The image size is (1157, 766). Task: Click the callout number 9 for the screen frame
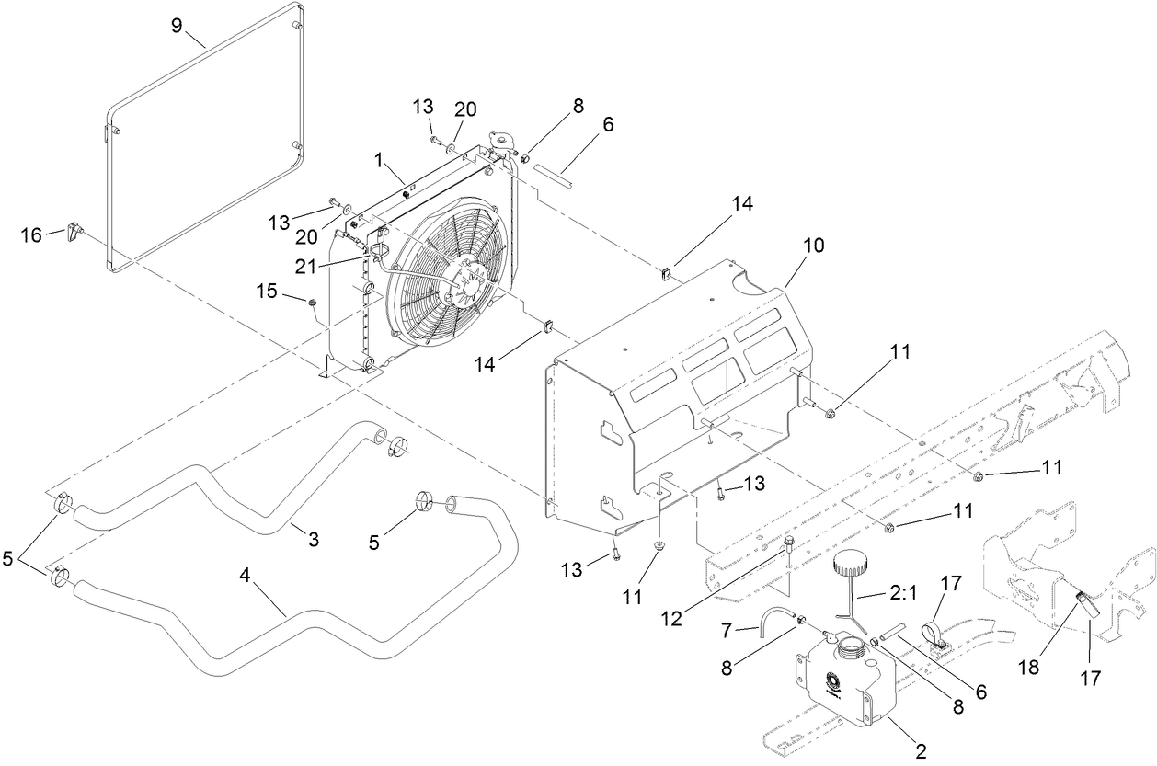177,26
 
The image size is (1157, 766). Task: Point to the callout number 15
266,291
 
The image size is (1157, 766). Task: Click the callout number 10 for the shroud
813,246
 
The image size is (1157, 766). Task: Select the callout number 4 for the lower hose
245,575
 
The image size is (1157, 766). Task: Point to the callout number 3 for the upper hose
313,539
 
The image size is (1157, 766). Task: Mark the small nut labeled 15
312,301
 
